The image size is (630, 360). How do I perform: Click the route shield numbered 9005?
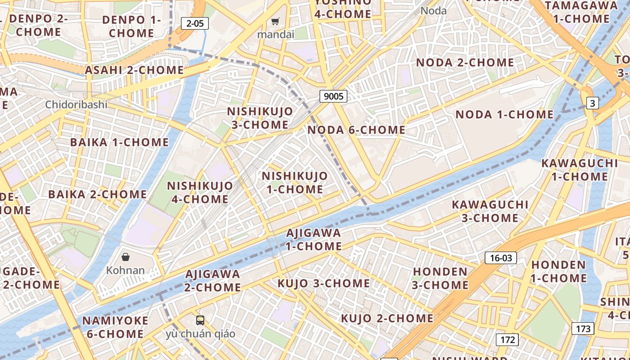coord(333,96)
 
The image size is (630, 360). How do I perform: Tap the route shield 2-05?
coord(195,23)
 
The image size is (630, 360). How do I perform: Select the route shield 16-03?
coord(500,258)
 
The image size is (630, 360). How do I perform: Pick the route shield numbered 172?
coord(507,339)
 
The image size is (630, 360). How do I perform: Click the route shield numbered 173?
coord(583,328)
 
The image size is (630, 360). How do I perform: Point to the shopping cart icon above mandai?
coord(275,21)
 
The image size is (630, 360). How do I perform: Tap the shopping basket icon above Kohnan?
coord(126,257)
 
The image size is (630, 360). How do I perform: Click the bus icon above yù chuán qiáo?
coord(200,320)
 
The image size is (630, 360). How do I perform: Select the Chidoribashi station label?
coord(76,105)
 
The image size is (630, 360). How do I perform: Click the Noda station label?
coord(434,11)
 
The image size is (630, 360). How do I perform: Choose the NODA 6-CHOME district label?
coord(356,130)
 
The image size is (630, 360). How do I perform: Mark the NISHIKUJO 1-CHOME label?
coord(295,182)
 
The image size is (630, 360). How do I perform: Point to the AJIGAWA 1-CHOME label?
coord(314,239)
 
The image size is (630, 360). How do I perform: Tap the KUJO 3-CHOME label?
coord(324,283)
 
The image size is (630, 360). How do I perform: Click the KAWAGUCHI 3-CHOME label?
coord(490,211)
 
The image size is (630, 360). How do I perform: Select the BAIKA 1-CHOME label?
coord(120,142)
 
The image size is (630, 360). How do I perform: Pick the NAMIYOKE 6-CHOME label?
coord(115,327)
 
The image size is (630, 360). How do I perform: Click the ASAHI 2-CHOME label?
coord(134,70)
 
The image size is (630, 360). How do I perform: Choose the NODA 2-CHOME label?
coord(465,63)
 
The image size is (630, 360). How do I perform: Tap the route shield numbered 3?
coord(593,103)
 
